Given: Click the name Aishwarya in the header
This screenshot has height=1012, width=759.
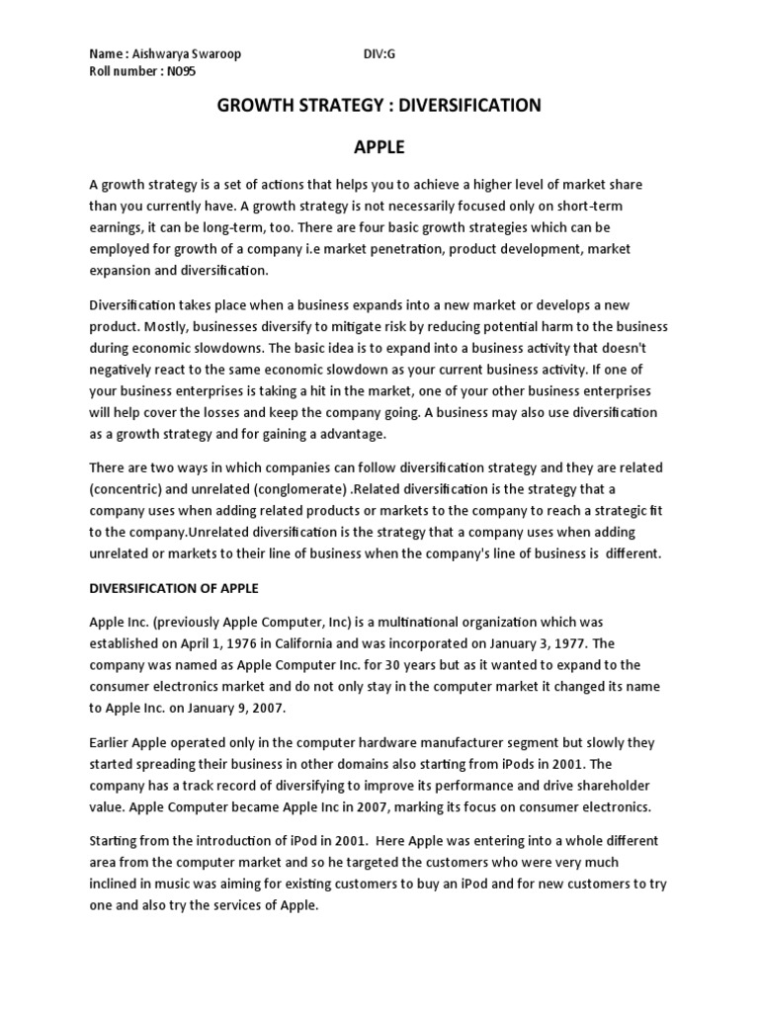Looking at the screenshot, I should pyautogui.click(x=162, y=54).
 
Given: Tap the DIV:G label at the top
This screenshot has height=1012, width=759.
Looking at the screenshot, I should pyautogui.click(x=379, y=54).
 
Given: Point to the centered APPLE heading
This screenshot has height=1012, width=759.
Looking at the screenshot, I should pyautogui.click(x=379, y=148).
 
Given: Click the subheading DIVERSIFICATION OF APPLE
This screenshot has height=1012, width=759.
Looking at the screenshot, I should pyautogui.click(x=174, y=588).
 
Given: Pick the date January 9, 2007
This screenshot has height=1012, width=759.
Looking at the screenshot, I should pyautogui.click(x=210, y=708).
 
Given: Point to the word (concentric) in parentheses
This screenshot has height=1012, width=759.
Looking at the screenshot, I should pyautogui.click(x=127, y=489).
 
